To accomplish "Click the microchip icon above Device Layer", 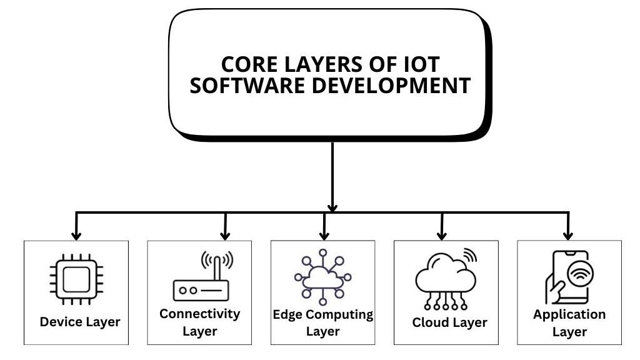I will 76,279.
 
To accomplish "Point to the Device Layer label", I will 80,322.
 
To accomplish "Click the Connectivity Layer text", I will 199,322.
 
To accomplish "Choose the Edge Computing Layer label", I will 322,322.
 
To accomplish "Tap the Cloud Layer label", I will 449,323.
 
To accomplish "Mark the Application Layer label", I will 569,322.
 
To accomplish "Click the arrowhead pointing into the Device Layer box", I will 76,236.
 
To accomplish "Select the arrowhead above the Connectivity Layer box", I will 225,236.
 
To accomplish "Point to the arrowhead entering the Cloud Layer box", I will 442,236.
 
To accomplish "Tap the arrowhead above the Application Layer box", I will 568,236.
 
